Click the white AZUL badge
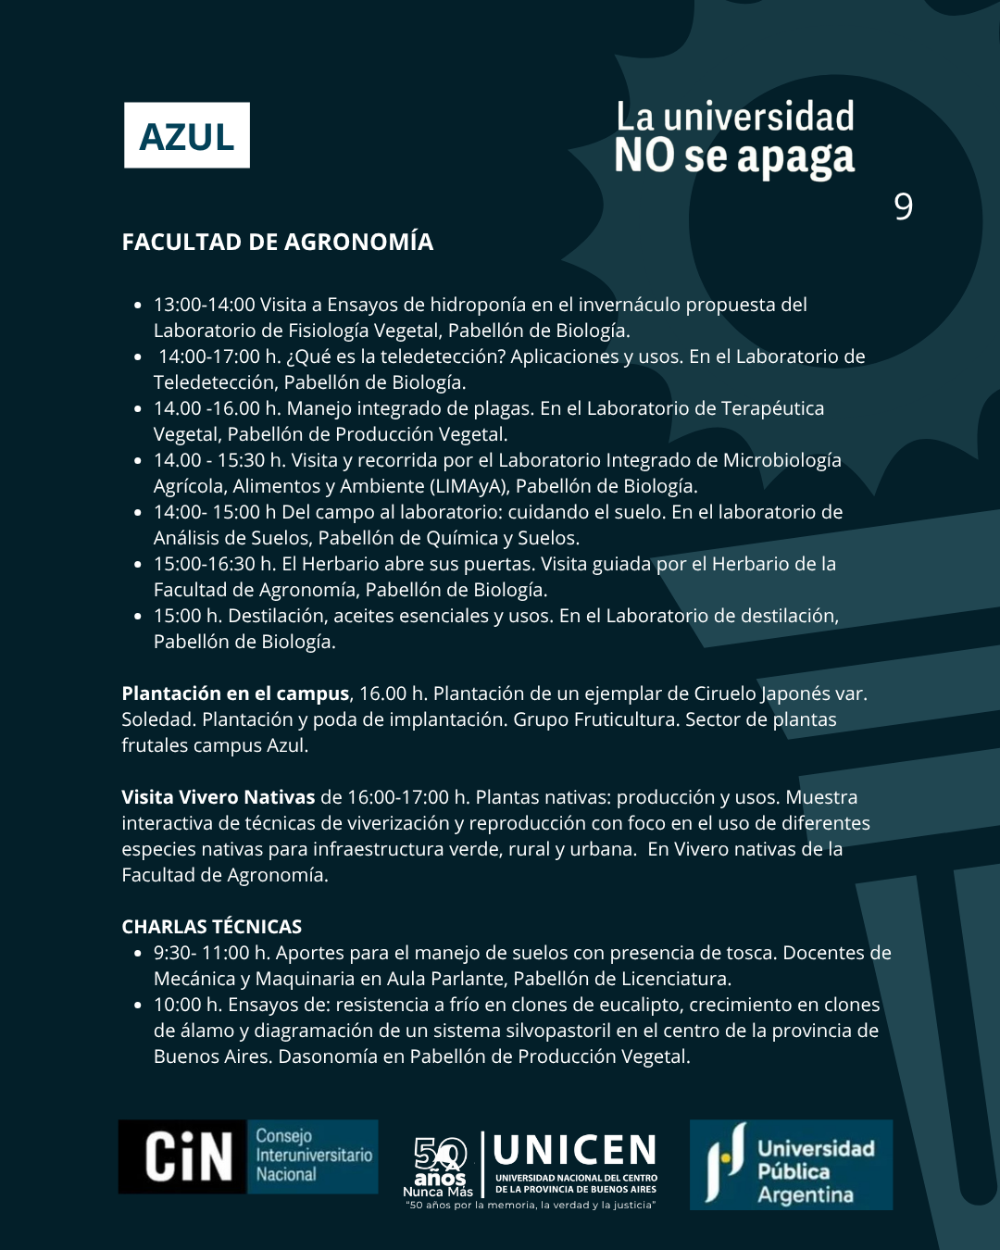[x=187, y=135]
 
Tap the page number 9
[x=904, y=206]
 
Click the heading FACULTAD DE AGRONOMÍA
[x=278, y=243]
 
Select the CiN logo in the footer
[x=189, y=1156]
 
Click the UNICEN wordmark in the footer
[x=575, y=1151]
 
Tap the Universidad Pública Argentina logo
[x=791, y=1165]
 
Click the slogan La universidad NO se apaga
[x=734, y=138]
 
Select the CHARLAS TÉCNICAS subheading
[x=212, y=927]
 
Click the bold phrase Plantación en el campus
[x=235, y=694]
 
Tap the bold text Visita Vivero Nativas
[x=219, y=797]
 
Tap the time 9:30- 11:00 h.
[x=211, y=953]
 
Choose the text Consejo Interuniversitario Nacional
[x=314, y=1156]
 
